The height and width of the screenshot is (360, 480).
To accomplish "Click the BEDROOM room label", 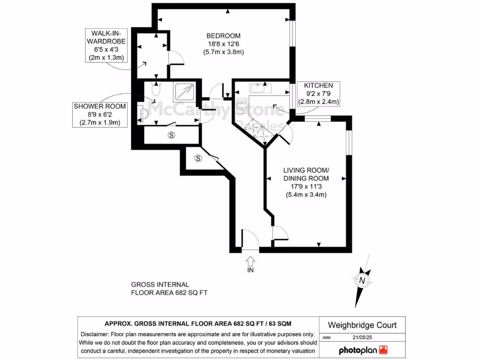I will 224,36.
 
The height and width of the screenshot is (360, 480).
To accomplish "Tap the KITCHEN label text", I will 318,85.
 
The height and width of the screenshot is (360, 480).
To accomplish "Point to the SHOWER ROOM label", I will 100,106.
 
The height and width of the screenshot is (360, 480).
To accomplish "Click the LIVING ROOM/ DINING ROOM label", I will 306,174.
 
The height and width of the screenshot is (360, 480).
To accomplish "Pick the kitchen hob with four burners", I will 243,105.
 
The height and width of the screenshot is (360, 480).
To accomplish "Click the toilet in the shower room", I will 157,90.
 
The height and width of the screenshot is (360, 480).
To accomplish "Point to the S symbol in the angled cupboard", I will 198,158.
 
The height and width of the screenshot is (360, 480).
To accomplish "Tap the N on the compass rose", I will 362,280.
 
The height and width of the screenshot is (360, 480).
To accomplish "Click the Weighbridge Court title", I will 362,325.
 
